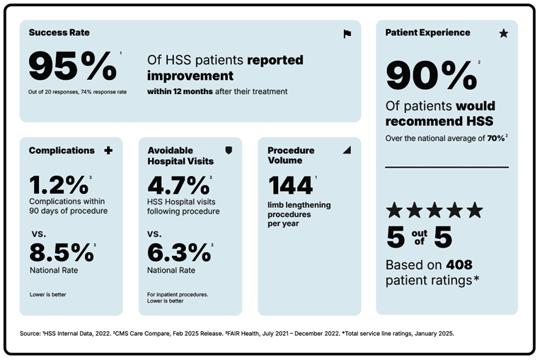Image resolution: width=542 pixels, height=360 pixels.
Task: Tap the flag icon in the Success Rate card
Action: click(347, 33)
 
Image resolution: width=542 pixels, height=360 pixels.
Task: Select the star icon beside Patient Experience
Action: click(504, 33)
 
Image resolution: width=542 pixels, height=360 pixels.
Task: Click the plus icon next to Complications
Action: click(108, 151)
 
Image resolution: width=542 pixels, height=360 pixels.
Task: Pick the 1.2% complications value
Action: click(58, 185)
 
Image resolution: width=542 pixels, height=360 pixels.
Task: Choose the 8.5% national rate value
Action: click(61, 252)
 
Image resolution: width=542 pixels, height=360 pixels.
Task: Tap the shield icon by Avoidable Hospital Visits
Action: click(228, 151)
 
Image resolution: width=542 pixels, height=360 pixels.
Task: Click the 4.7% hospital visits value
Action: click(178, 185)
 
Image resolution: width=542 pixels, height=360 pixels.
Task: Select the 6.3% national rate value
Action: click(178, 252)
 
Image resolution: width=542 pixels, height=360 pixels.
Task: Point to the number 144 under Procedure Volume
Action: click(290, 185)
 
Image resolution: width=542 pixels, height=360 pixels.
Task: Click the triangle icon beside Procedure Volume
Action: click(347, 151)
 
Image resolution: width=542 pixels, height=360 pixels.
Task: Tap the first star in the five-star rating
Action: click(394, 210)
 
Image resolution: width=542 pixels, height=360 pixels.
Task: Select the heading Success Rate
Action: click(59, 33)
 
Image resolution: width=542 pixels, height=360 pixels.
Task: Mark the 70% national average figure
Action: click(494, 139)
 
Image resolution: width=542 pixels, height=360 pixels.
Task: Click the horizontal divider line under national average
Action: click(446, 168)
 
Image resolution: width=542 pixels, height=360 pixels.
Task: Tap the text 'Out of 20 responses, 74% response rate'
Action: click(78, 92)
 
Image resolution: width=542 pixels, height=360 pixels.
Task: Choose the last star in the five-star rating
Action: click(475, 210)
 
